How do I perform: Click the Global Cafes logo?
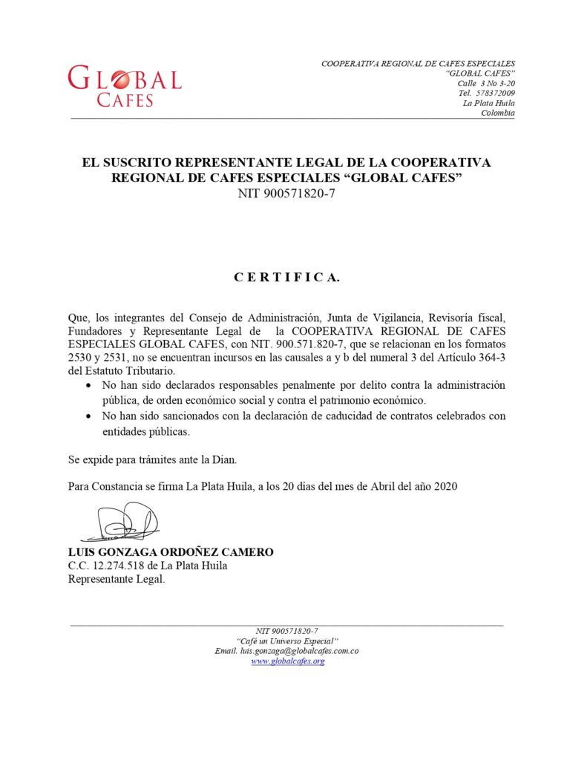tap(124, 85)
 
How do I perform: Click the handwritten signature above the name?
tap(122, 522)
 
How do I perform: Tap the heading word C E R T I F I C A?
tap(286, 278)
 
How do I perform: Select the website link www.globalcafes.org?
tap(287, 661)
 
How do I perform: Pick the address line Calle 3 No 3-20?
tap(486, 83)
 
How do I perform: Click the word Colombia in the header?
tap(498, 113)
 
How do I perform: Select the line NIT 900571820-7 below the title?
tap(286, 194)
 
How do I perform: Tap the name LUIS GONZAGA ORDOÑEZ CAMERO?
tap(171, 552)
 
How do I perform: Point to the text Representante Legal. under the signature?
tap(117, 580)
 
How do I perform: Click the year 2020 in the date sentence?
tap(444, 487)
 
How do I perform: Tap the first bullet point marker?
tap(89, 387)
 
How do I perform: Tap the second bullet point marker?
tap(89, 416)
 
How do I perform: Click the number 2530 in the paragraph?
tap(80, 358)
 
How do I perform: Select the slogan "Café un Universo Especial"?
tap(286, 641)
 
